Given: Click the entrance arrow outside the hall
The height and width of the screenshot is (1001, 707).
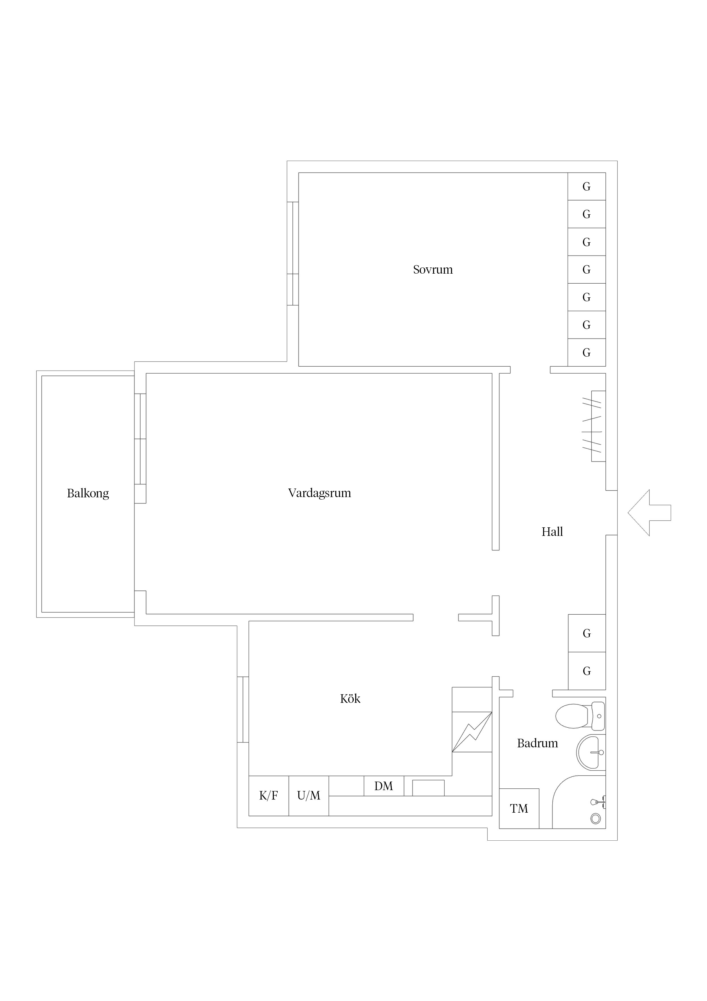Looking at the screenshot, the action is tap(649, 513).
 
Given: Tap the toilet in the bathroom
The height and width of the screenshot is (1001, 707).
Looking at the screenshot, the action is tap(580, 716).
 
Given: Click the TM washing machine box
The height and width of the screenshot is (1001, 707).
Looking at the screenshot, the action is tap(519, 808).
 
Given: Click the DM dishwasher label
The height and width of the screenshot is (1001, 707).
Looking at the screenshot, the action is tap(383, 786).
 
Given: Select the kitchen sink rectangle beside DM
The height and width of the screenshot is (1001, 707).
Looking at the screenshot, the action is tap(428, 788).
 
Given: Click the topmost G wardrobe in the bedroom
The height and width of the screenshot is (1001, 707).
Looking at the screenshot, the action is tap(586, 187).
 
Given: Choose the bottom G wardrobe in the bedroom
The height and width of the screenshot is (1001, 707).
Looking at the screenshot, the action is tap(586, 352).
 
